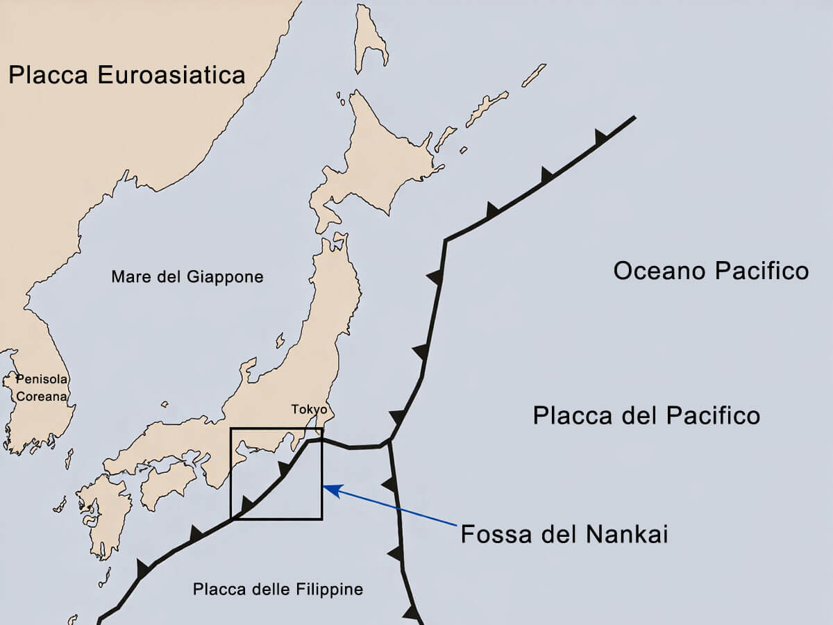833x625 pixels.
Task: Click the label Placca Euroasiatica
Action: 127,74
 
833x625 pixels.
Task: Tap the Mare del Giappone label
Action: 187,277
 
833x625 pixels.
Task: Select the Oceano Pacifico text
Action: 711,271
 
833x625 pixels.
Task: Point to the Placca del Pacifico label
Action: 646,416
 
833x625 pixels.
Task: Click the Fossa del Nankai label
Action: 564,535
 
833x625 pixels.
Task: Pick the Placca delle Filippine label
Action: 278,590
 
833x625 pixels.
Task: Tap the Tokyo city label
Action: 309,409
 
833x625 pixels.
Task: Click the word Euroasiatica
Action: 171,74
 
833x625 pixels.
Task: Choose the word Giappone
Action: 225,277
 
